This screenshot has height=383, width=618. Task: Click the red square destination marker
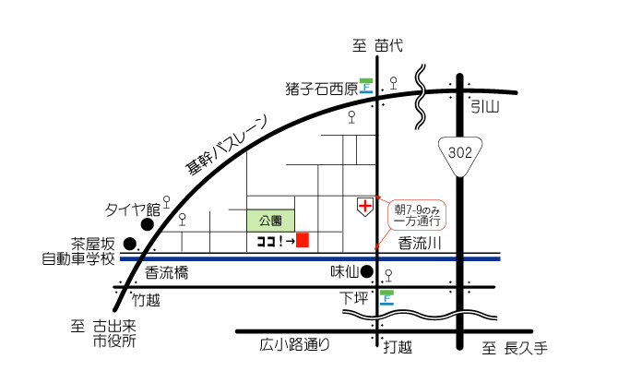tap(302, 240)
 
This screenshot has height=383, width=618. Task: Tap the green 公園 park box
tap(270, 221)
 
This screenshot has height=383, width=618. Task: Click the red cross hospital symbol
tap(366, 205)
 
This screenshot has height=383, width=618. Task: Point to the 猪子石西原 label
tap(321, 90)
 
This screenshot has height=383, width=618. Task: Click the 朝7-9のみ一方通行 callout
tap(418, 214)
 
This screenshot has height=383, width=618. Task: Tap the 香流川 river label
tap(422, 244)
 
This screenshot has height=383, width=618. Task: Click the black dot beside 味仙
tap(366, 271)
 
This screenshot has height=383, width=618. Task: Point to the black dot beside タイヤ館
tap(147, 223)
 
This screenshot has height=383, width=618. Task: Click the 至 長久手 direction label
tap(517, 348)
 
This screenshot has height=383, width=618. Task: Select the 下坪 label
tap(353, 297)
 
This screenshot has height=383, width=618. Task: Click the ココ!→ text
tap(274, 241)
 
